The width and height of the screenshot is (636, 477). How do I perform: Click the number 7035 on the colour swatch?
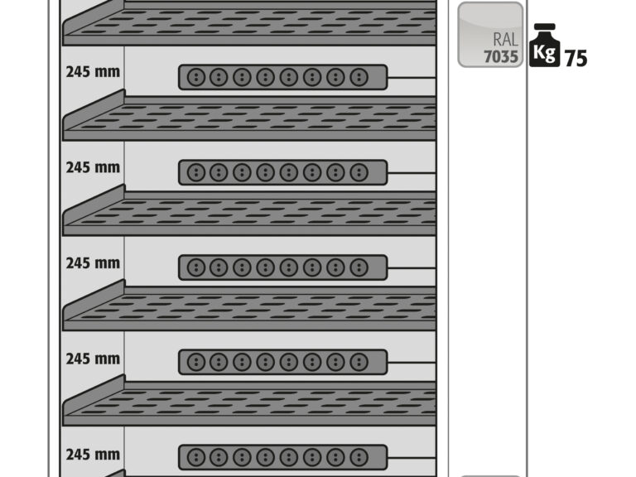click(x=501, y=57)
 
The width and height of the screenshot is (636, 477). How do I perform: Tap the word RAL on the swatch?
click(x=505, y=40)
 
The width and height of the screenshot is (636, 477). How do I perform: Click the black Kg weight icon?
click(x=545, y=46)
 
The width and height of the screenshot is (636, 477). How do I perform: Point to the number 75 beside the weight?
click(x=576, y=59)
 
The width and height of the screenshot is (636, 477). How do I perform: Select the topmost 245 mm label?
click(x=93, y=72)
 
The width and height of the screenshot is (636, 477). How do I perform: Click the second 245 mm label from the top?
click(x=93, y=167)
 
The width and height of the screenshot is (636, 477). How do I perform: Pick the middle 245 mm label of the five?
click(x=93, y=263)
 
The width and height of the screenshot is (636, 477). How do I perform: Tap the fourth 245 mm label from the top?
click(x=93, y=359)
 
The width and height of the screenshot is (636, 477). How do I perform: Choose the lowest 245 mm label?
click(x=93, y=455)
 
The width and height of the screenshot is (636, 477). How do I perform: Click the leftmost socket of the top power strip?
click(x=196, y=77)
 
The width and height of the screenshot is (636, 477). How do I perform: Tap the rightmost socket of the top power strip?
click(x=359, y=77)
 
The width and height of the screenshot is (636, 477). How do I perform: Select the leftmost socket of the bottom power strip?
click(x=196, y=457)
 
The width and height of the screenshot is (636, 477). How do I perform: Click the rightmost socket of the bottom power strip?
click(x=359, y=457)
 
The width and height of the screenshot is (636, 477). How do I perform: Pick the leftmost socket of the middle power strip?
click(x=196, y=267)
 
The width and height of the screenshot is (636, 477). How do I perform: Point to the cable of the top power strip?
click(x=412, y=77)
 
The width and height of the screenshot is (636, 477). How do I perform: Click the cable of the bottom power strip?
click(x=412, y=457)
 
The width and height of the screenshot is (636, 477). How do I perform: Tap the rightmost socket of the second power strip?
click(x=359, y=172)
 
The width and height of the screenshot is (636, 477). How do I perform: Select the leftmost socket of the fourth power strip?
click(x=196, y=362)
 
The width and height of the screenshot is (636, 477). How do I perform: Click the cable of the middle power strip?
click(x=412, y=267)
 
